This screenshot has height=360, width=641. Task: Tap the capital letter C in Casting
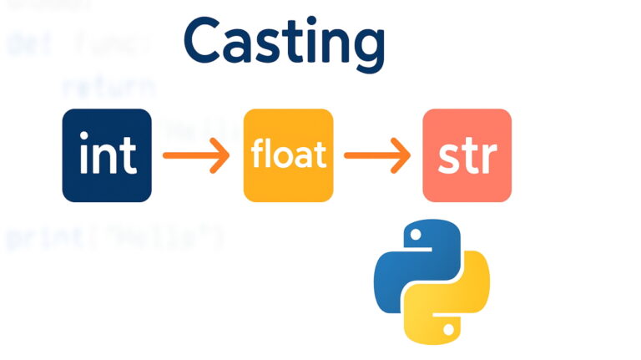point(202,43)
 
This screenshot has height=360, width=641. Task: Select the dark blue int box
point(107,155)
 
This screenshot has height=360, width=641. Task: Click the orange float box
point(287,155)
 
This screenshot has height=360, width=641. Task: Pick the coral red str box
point(467,155)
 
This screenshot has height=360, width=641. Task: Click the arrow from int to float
point(196,155)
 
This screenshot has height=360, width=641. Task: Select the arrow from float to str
point(376,155)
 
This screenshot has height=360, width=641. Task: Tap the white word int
point(106,156)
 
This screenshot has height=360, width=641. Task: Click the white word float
point(287,156)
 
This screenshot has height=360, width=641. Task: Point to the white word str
point(467,156)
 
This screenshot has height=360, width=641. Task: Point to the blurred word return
point(108,86)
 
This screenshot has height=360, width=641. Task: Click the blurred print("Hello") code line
point(114,239)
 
